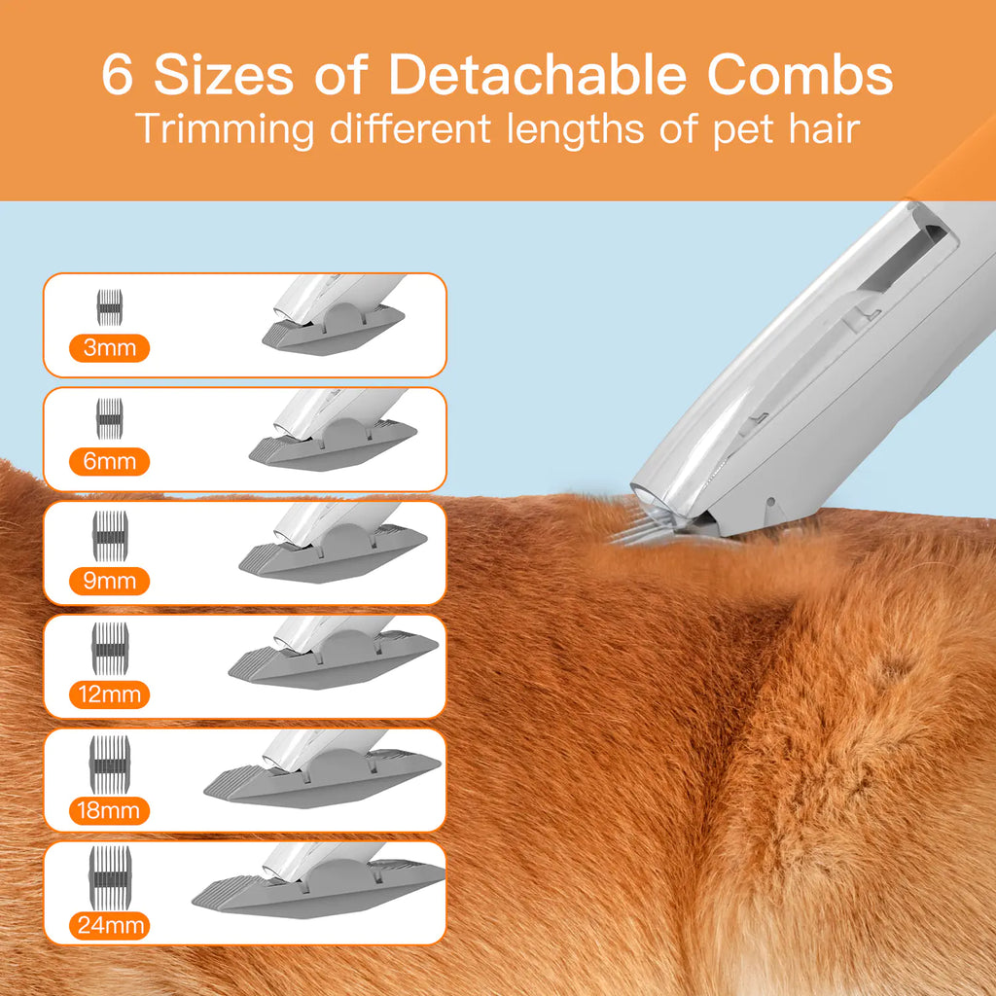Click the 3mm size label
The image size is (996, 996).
tap(110, 347)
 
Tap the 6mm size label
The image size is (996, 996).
tap(110, 461)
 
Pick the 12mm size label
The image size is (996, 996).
tap(110, 694)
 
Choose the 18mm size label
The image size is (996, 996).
tap(110, 809)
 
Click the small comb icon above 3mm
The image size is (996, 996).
tap(109, 306)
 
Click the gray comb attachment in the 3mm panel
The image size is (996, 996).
tap(333, 329)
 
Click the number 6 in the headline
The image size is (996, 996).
tap(117, 76)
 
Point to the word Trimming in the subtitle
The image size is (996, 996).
tap(226, 129)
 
